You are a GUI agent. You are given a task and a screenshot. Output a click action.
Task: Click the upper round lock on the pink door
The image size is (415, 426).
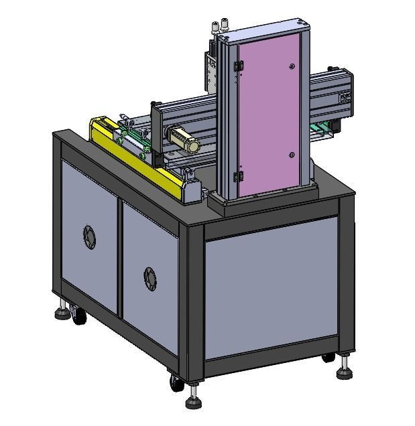tap(292, 66)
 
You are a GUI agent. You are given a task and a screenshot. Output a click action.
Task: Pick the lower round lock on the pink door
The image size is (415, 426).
tap(292, 155)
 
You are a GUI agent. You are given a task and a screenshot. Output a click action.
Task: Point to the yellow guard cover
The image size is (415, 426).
tap(137, 155)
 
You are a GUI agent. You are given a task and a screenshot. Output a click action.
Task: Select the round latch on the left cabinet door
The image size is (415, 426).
tap(89, 236)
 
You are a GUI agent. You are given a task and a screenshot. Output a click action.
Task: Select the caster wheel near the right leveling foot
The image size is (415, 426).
tap(329, 358)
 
